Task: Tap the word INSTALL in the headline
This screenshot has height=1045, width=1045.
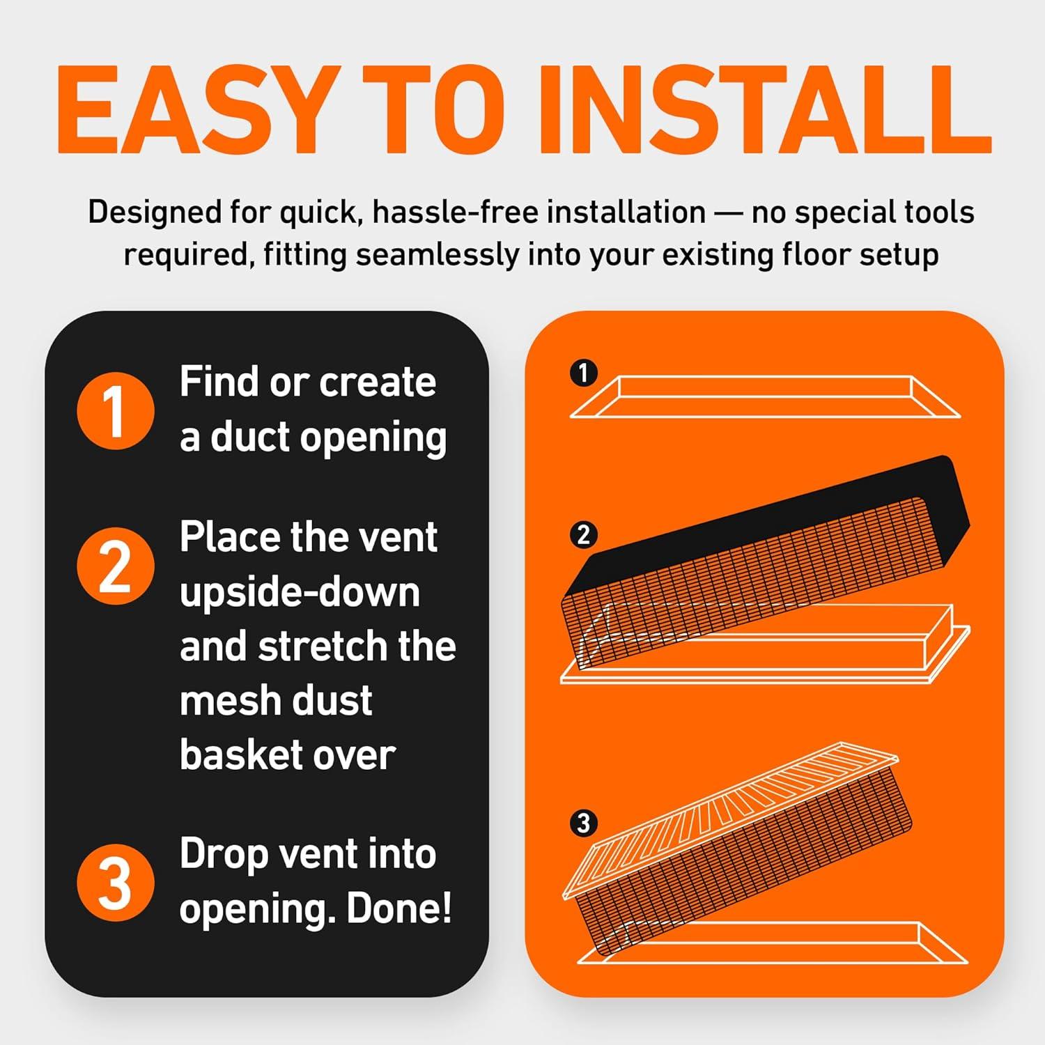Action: pos(763,111)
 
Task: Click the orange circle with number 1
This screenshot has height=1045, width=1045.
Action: pos(115,411)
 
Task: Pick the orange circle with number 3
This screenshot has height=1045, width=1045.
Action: pos(115,883)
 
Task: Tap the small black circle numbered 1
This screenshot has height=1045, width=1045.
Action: pos(584,373)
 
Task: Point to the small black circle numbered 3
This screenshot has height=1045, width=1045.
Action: pos(584,823)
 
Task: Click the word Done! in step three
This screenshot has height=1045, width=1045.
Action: pos(399,908)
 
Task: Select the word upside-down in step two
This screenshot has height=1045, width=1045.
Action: pos(300,594)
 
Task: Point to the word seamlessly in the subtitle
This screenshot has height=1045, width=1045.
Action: pos(438,255)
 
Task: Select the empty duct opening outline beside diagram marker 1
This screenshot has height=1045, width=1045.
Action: pos(765,397)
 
